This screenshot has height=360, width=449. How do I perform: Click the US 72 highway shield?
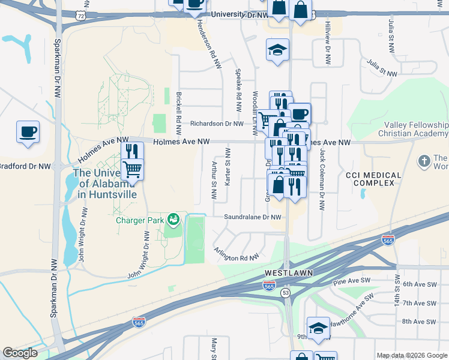tap(80, 14)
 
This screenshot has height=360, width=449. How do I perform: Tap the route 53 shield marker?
tap(286, 292)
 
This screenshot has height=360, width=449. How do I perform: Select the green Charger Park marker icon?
tap(173, 220)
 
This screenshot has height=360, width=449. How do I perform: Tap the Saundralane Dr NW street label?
tap(252, 217)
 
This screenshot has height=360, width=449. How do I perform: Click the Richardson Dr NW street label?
tap(217, 124)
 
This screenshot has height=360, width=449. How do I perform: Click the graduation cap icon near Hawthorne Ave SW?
tap(318, 328)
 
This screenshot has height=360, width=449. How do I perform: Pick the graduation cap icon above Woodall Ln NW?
tap(277, 50)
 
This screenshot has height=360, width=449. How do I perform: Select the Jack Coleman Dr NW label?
tap(322, 179)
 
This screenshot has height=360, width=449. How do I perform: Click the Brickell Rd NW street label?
tap(179, 114)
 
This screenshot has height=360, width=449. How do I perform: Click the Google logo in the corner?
tap(20, 353)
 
